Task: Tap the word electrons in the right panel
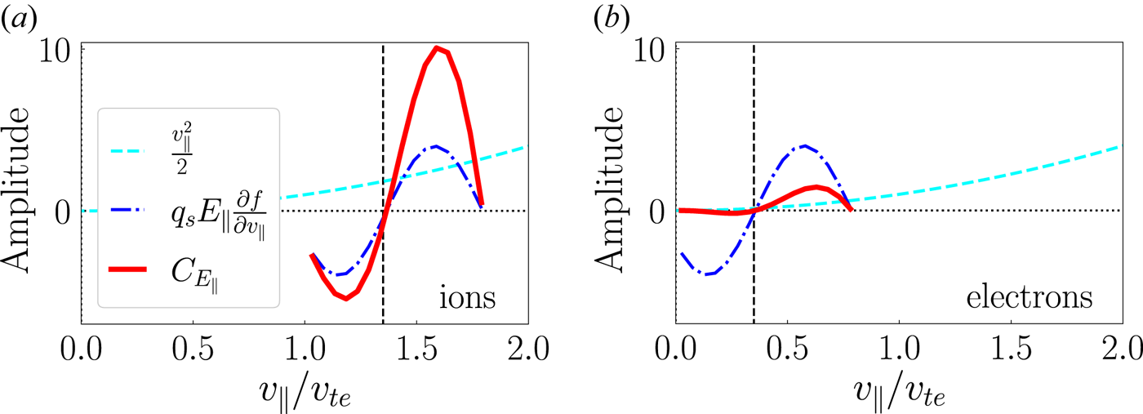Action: [x=1029, y=298]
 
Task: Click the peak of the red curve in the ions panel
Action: [x=438, y=47]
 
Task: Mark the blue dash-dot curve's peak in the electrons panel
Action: [x=806, y=146]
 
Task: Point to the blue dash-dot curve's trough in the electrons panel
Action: [x=709, y=274]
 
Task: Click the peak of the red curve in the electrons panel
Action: [x=815, y=186]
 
